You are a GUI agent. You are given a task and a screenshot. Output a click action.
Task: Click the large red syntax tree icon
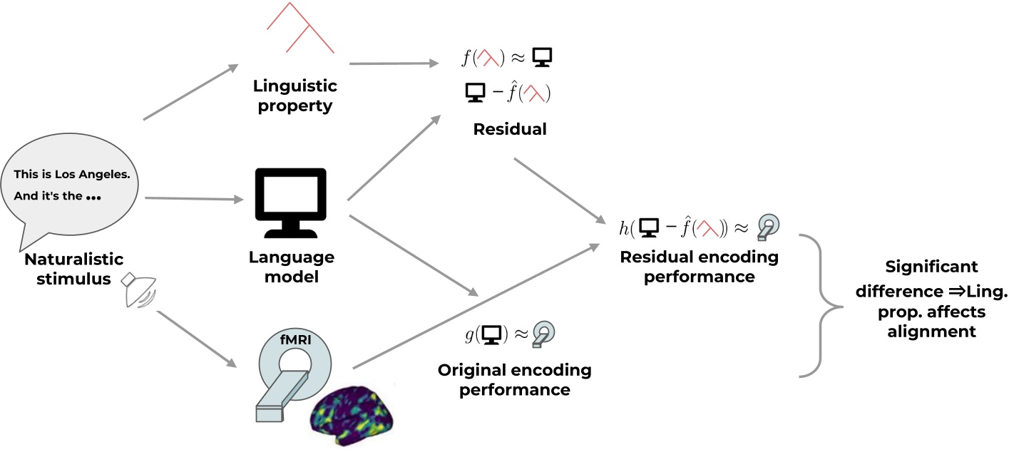[x=300, y=28]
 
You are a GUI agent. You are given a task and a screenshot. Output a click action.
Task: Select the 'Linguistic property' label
[x=294, y=96]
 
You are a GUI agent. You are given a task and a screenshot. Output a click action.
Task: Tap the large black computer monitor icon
[x=291, y=202]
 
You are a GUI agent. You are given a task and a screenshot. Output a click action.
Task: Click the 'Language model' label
[x=292, y=267]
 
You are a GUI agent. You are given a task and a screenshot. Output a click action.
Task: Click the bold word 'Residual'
[x=510, y=129]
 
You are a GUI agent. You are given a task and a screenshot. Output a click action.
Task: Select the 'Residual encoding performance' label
[x=699, y=266]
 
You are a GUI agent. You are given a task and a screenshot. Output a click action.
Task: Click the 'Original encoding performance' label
[x=514, y=380]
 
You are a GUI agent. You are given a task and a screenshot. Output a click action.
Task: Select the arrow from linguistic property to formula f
[x=394, y=63]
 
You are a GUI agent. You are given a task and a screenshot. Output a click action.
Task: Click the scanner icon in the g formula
[x=543, y=333]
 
